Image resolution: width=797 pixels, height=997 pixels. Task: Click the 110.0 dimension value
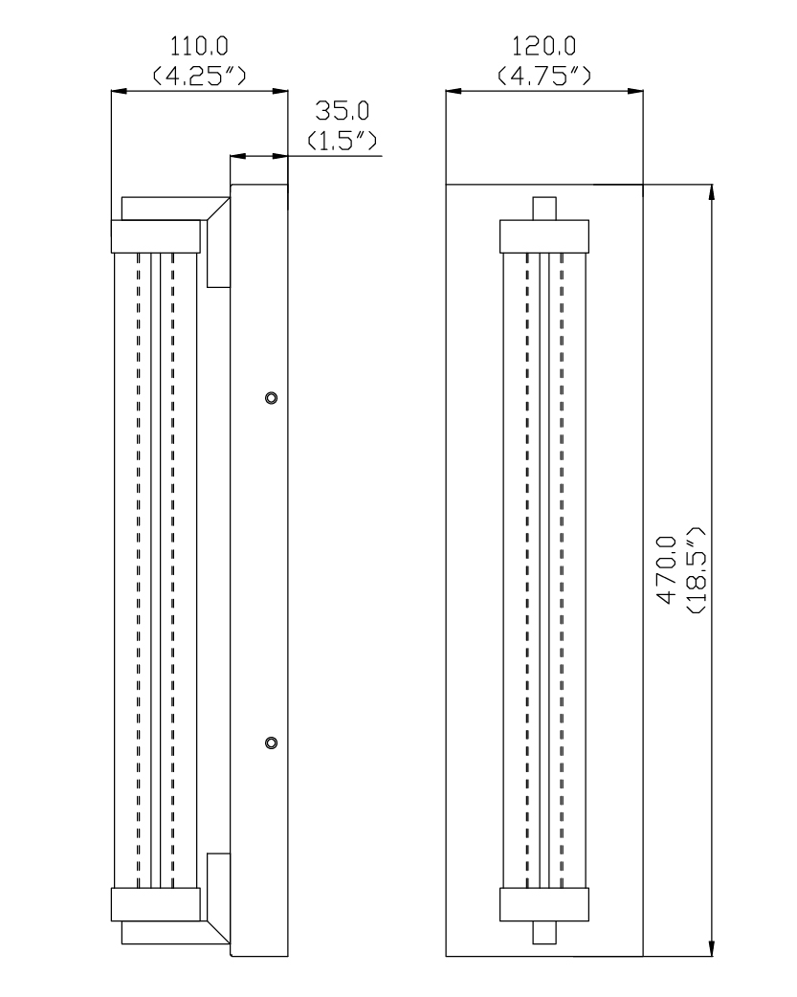tap(199, 47)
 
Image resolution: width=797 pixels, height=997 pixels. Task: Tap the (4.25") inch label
tap(199, 76)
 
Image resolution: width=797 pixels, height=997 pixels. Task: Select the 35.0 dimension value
tap(343, 111)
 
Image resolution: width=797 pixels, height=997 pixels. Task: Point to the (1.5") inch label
tap(343, 140)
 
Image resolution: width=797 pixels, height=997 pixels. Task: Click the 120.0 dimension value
tap(543, 47)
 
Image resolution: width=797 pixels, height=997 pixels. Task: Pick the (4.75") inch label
tap(543, 76)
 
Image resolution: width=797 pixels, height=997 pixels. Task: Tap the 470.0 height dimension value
tap(667, 569)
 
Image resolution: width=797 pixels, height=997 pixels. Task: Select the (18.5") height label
tap(697, 569)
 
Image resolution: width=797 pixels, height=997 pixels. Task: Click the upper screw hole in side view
tap(272, 398)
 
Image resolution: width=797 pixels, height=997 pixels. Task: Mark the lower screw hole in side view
tap(272, 742)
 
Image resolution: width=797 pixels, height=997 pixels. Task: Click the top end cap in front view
tap(544, 236)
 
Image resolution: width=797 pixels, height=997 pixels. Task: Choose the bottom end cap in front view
tap(544, 904)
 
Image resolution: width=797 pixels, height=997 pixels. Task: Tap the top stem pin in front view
tap(544, 209)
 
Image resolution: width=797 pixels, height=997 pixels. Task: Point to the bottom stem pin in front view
tap(544, 932)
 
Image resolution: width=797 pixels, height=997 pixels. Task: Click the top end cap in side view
tap(156, 236)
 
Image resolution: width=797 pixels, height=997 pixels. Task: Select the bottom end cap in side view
tap(156, 904)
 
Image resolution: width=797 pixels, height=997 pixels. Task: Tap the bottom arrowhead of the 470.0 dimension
tap(711, 947)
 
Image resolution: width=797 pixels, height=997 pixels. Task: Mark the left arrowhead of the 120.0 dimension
tap(454, 92)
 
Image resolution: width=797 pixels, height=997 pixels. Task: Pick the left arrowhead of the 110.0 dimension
tap(120, 92)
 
